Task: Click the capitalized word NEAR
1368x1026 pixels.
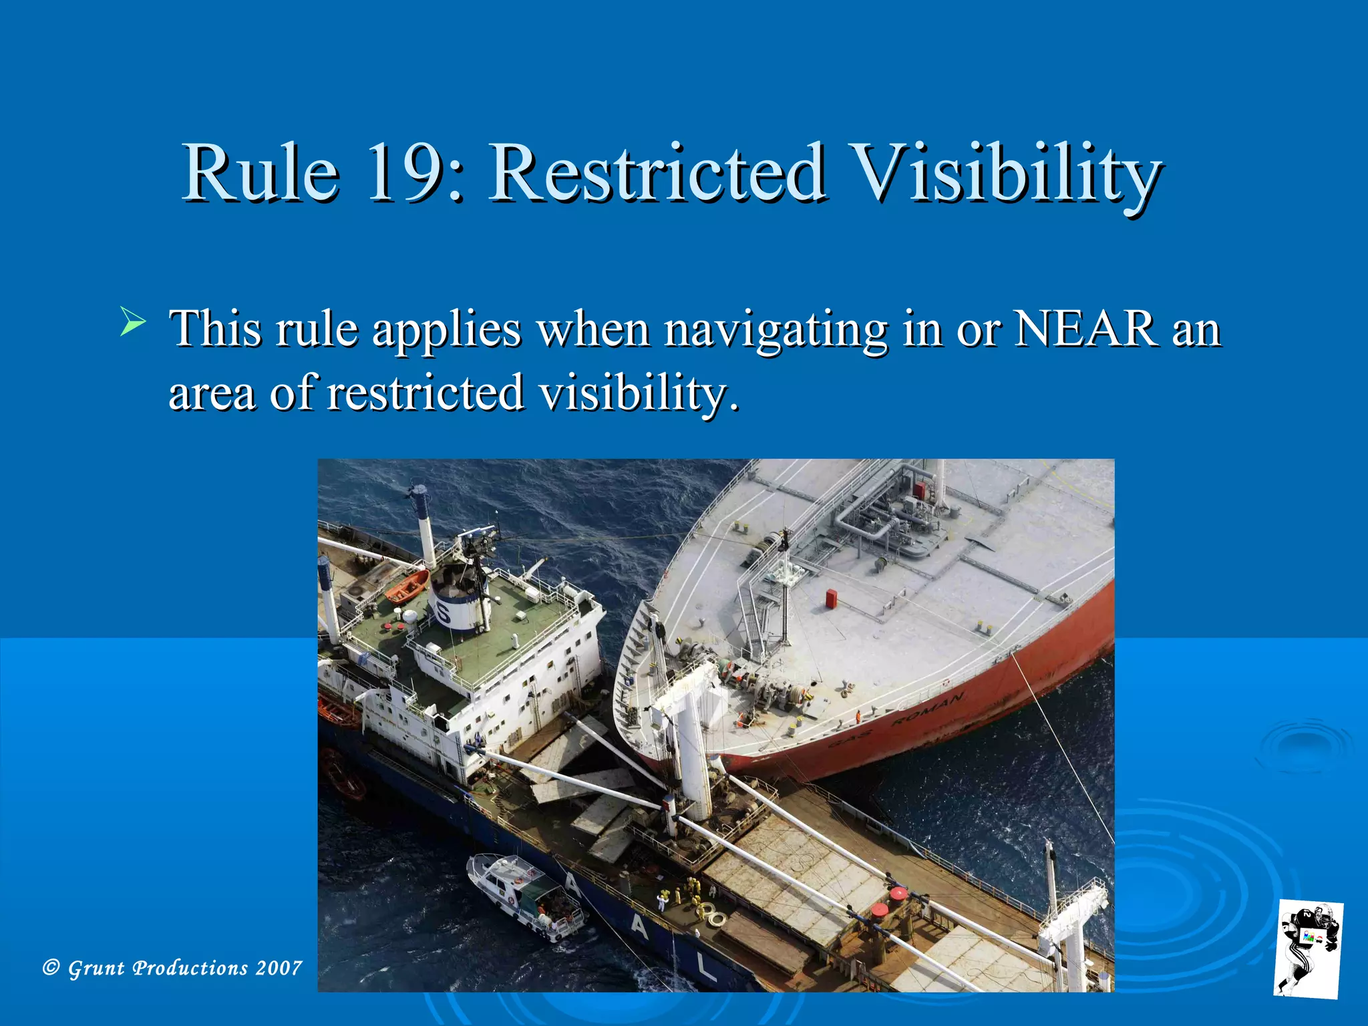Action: [1085, 329]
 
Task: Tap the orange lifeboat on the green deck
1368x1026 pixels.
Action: [406, 586]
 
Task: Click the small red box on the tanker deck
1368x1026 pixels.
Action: [832, 598]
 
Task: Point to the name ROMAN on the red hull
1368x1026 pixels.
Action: [928, 710]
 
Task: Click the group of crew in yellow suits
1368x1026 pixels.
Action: [688, 891]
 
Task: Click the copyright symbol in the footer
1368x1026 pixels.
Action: [51, 967]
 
